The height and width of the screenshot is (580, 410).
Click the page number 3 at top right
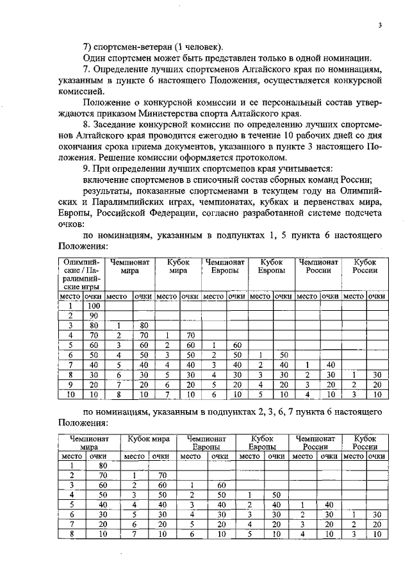coord(380,26)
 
